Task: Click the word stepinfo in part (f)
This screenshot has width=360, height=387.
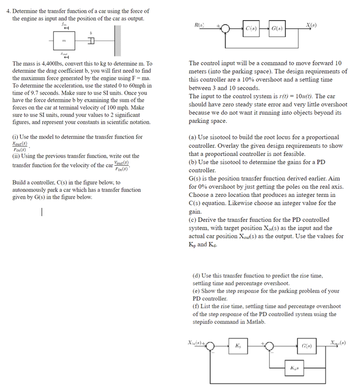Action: coord(205,322)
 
